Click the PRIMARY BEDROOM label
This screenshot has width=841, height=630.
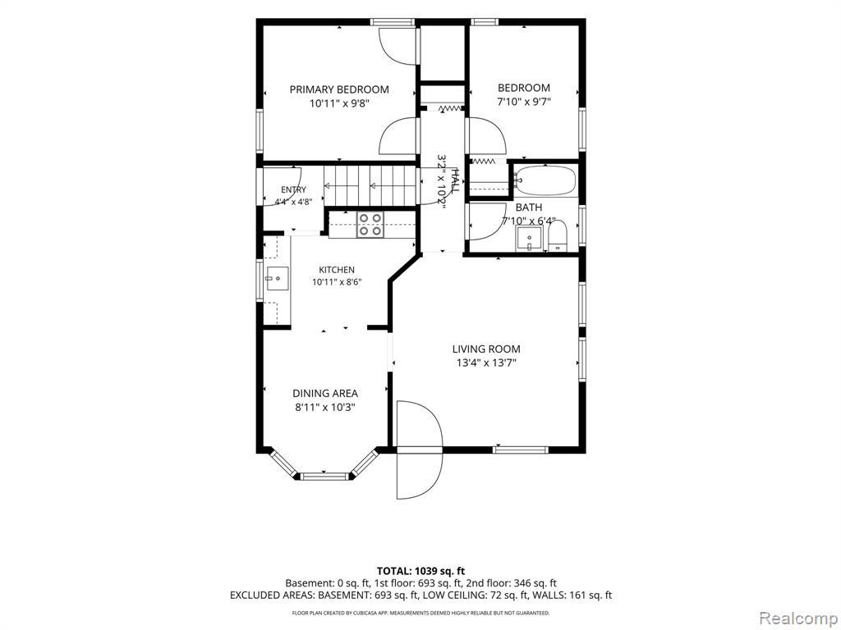pyautogui.click(x=339, y=89)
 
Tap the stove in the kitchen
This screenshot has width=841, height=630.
pyautogui.click(x=370, y=225)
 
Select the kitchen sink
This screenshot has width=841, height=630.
pyautogui.click(x=278, y=279)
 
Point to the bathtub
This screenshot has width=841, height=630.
pyautogui.click(x=545, y=180)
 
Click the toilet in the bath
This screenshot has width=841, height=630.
pyautogui.click(x=558, y=237)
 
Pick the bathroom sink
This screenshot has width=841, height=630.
pyautogui.click(x=530, y=239)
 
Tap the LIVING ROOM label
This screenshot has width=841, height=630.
pyautogui.click(x=486, y=349)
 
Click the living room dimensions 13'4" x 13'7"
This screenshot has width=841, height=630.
pyautogui.click(x=486, y=363)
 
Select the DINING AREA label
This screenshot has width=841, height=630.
pyautogui.click(x=325, y=394)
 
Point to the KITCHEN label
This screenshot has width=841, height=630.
pyautogui.click(x=337, y=270)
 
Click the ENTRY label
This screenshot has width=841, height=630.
pyautogui.click(x=293, y=189)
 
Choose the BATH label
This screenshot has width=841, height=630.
pyautogui.click(x=529, y=208)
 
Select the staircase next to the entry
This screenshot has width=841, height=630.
pyautogui.click(x=370, y=186)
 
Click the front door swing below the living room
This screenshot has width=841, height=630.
pyautogui.click(x=420, y=450)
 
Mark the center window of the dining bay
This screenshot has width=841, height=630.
pyautogui.click(x=324, y=476)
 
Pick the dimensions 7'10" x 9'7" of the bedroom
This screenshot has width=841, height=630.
pyautogui.click(x=524, y=101)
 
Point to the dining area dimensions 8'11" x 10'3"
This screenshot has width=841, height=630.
pyautogui.click(x=325, y=407)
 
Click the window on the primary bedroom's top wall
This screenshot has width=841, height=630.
pyautogui.click(x=393, y=22)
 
